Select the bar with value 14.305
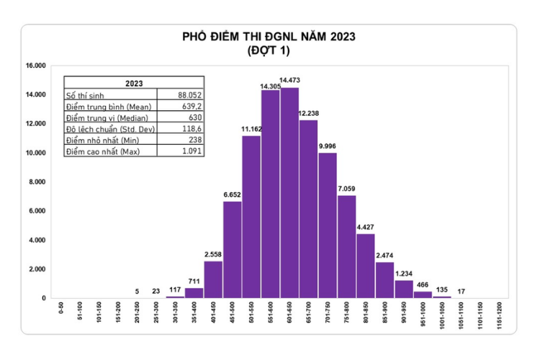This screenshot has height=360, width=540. (x=271, y=194)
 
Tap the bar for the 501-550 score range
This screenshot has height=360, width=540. (x=251, y=217)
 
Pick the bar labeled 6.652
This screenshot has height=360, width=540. (x=232, y=249)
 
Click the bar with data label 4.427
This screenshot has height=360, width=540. (x=366, y=266)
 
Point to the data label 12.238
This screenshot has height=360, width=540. (x=308, y=114)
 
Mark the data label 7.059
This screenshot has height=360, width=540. (x=346, y=189)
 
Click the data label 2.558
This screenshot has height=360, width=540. (x=213, y=254)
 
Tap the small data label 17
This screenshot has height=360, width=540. (x=460, y=292)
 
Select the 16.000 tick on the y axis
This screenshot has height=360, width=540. (x=36, y=66)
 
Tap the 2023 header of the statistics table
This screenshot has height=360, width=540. (x=134, y=83)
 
